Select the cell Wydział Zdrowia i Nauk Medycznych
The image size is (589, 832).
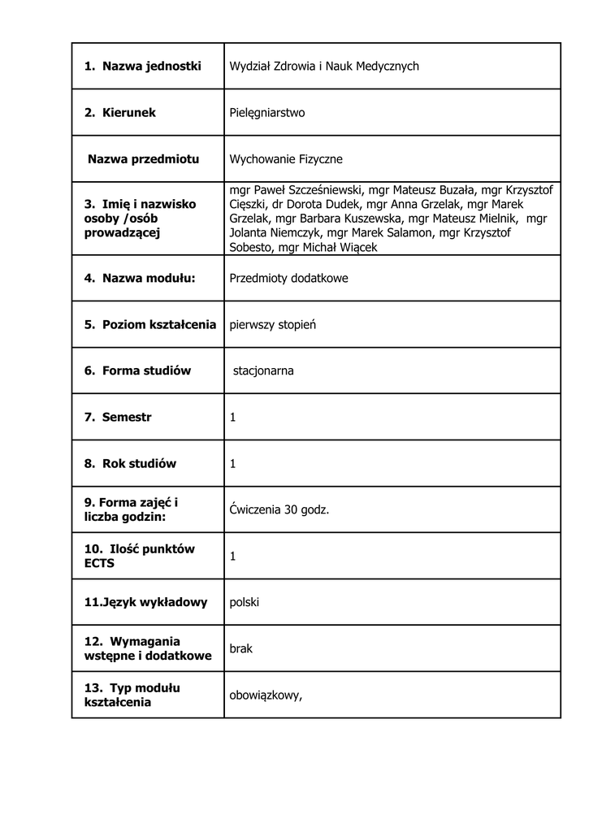(x=324, y=66)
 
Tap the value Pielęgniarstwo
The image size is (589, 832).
(x=267, y=112)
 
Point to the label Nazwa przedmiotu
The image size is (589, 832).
(x=143, y=159)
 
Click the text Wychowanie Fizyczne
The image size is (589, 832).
(x=286, y=159)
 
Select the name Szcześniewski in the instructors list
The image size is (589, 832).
(x=319, y=189)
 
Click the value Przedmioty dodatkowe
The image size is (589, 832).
(x=288, y=278)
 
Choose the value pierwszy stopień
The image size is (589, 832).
(x=272, y=324)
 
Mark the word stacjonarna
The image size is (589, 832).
(x=263, y=370)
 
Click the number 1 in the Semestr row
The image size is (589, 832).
(x=233, y=417)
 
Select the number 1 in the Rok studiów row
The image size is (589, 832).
(x=233, y=463)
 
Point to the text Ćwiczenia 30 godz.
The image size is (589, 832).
(x=279, y=509)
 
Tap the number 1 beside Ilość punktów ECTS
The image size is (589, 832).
(x=233, y=557)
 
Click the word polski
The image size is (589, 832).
(x=245, y=602)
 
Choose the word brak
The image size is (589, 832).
(x=241, y=649)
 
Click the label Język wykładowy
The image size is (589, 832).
(x=145, y=602)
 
